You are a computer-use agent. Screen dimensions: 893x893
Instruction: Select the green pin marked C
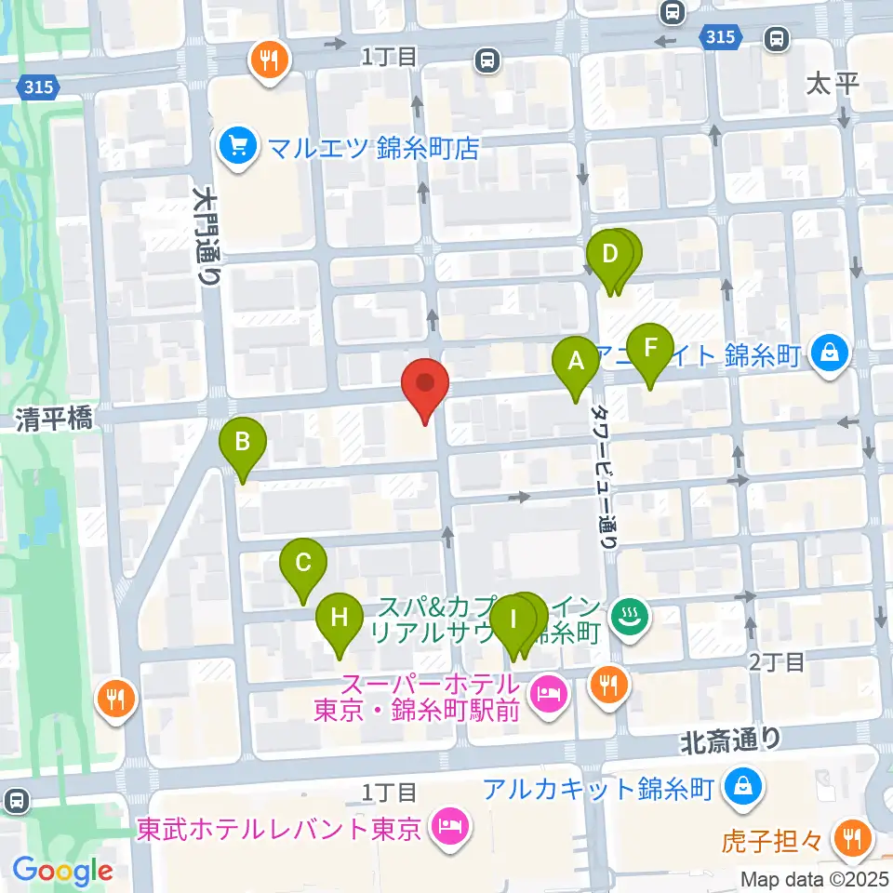303,564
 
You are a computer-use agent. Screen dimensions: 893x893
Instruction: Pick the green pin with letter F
650,348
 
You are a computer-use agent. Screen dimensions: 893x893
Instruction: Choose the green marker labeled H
340,618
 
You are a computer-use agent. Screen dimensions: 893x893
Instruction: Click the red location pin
425,385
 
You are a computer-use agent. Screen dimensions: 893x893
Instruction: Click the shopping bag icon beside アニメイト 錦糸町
825,353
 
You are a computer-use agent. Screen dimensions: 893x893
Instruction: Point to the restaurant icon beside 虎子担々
850,840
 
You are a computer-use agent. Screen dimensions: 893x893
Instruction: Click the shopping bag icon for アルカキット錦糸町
746,788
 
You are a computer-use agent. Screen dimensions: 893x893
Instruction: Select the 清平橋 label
53,420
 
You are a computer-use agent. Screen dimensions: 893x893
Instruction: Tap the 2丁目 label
778,662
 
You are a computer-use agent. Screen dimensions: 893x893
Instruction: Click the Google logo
62,872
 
